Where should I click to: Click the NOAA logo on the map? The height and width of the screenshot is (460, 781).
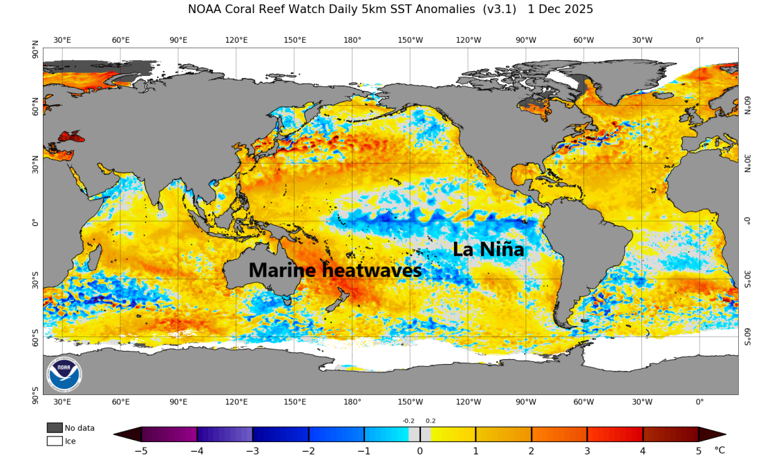pos(64,375)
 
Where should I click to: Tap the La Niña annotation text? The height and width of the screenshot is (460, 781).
pos(489,249)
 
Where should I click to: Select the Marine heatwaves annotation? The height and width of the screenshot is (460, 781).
pos(335,271)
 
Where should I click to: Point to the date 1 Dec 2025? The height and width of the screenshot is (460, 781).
pos(560,10)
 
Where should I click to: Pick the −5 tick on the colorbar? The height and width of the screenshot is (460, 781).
pos(141,451)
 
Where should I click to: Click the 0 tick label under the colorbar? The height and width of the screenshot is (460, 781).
pos(420,451)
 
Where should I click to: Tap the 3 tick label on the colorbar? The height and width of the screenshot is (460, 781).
pos(587,451)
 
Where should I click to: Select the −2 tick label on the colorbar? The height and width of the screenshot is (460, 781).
pos(308,451)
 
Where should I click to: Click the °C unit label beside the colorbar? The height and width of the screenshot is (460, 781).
pos(719,451)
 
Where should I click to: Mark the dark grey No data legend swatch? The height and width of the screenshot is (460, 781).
pos(55,428)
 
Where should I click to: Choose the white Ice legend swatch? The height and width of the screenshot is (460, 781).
pos(55,441)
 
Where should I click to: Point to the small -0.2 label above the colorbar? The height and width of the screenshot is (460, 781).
pos(408,421)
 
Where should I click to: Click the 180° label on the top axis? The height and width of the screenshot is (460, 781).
pos(352,40)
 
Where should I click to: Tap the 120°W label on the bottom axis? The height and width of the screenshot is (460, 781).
pos(468,402)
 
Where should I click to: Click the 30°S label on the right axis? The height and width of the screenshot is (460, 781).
pos(746,279)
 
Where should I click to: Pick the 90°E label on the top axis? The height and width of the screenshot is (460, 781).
pos(178,40)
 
